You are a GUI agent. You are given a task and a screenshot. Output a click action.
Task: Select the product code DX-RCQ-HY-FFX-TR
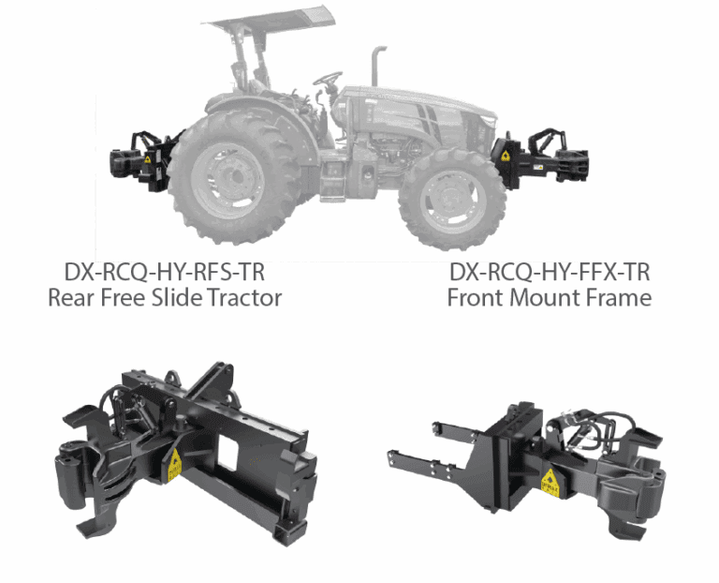[x=549, y=273]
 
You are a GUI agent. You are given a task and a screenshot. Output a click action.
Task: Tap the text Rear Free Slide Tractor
[x=165, y=299]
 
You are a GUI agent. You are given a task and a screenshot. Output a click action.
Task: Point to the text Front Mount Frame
[x=549, y=299]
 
